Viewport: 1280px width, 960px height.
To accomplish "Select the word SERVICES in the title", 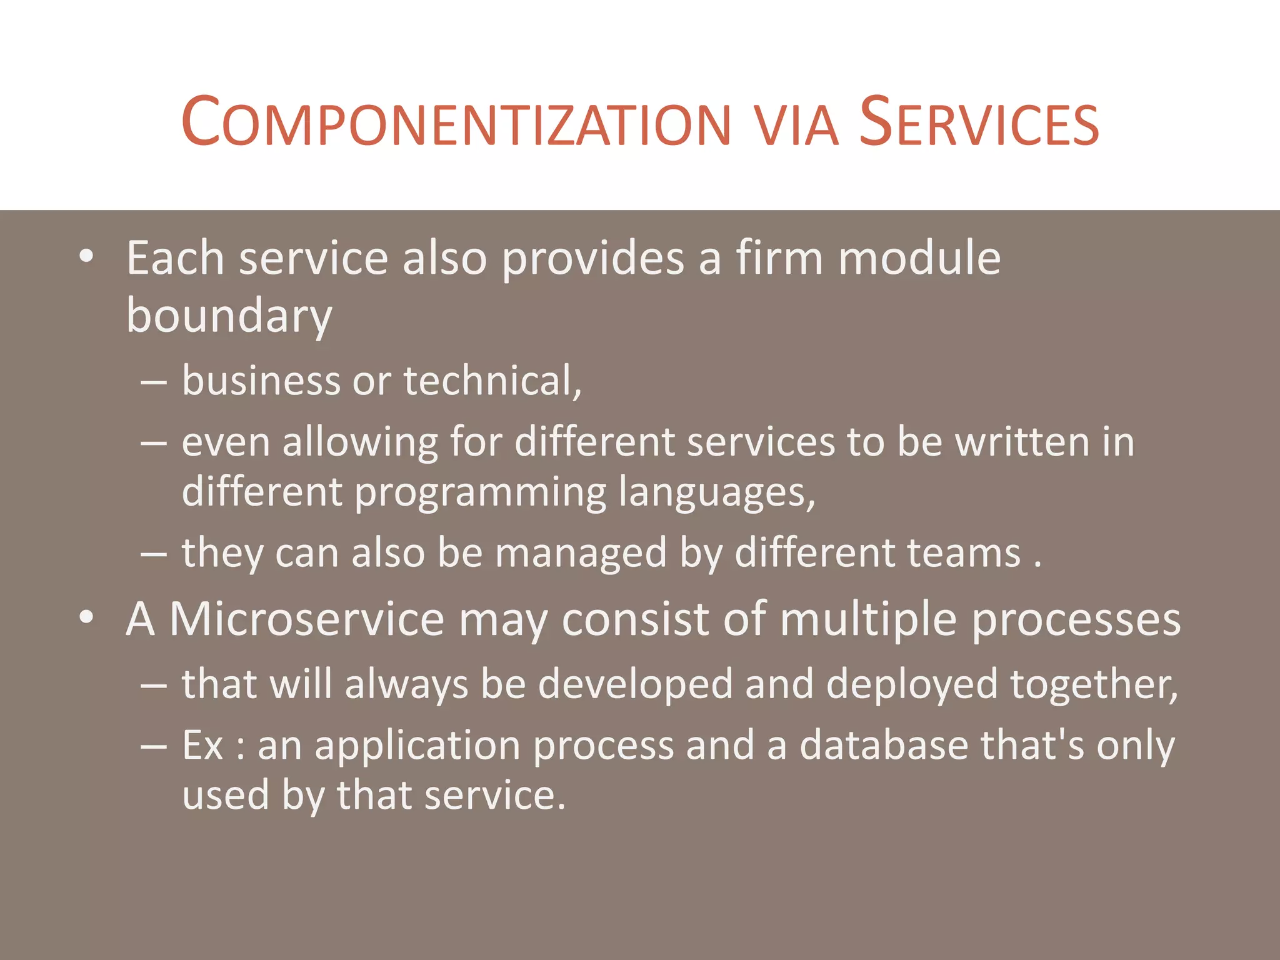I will click(x=979, y=123).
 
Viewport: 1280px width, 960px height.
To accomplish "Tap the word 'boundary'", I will click(x=229, y=316).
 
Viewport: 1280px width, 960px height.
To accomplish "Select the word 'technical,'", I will click(x=492, y=381).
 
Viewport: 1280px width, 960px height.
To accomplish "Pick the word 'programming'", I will click(x=480, y=492).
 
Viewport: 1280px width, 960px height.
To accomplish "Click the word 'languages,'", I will click(x=717, y=492).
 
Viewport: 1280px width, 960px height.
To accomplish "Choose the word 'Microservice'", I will click(x=307, y=619).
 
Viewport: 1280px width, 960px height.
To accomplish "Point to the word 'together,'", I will click(x=1094, y=685).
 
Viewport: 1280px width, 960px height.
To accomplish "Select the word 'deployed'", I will click(x=912, y=685).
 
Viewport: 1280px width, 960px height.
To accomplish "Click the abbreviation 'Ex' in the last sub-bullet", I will click(x=202, y=746).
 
